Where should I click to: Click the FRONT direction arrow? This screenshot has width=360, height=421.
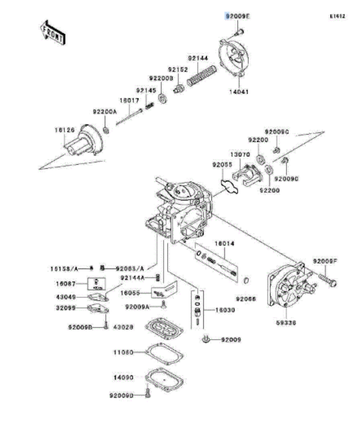(53, 33)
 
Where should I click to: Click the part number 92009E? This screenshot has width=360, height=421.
(237, 17)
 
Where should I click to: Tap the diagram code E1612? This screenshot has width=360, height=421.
(337, 16)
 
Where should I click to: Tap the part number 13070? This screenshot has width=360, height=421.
(240, 154)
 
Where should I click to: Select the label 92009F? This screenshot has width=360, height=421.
(325, 262)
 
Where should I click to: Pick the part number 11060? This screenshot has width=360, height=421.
(123, 352)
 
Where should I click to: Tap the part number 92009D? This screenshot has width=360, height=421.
(122, 396)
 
